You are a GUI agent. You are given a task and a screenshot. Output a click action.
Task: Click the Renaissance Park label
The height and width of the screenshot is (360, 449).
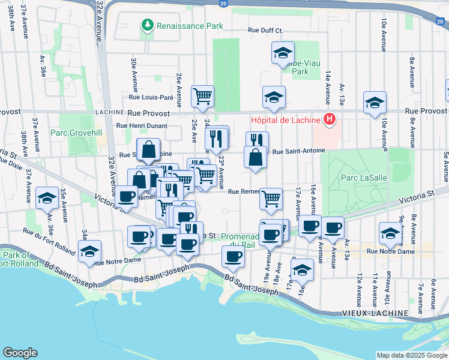click(x=190, y=26)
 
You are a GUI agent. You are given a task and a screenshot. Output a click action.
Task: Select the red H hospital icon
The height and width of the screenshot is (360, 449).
click(x=329, y=120)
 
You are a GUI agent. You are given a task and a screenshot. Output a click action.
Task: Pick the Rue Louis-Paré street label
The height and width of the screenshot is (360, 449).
click(x=151, y=97)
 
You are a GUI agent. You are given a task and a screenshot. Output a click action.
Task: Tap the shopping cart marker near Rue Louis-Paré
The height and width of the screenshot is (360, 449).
click(x=203, y=95)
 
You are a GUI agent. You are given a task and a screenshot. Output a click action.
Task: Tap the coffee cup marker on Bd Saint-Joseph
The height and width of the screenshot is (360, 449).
click(x=233, y=257)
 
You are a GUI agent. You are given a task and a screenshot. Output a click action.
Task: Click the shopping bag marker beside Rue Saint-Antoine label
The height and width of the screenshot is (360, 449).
click(x=256, y=157)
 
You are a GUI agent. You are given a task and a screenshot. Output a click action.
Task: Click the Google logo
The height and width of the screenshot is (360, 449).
click(x=20, y=353)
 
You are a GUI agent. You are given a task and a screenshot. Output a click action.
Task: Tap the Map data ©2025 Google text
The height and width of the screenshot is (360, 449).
click(x=412, y=355)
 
